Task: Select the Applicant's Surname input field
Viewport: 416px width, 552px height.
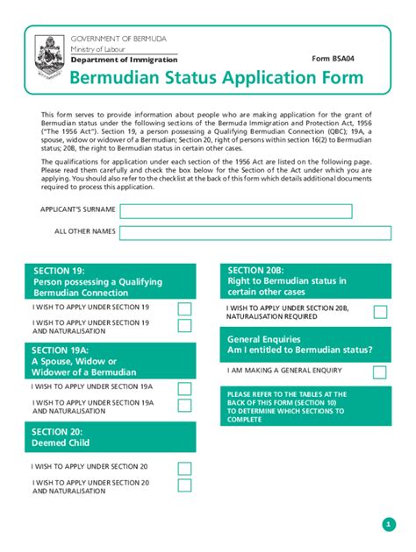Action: [x=235, y=211]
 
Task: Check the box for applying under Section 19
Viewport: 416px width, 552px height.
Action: [x=184, y=308]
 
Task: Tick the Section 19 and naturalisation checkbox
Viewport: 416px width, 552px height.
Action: [x=184, y=326]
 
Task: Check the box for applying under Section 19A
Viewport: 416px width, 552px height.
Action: [x=184, y=388]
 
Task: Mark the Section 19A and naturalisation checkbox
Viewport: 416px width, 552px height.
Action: [x=184, y=405]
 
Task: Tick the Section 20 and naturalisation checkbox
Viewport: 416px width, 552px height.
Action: [x=184, y=485]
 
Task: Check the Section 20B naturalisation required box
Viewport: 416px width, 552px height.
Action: [x=380, y=312]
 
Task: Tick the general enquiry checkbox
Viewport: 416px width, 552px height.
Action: [x=380, y=372]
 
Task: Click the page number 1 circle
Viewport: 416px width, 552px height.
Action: [x=389, y=524]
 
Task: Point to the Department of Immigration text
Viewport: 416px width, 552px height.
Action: [x=111, y=59]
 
